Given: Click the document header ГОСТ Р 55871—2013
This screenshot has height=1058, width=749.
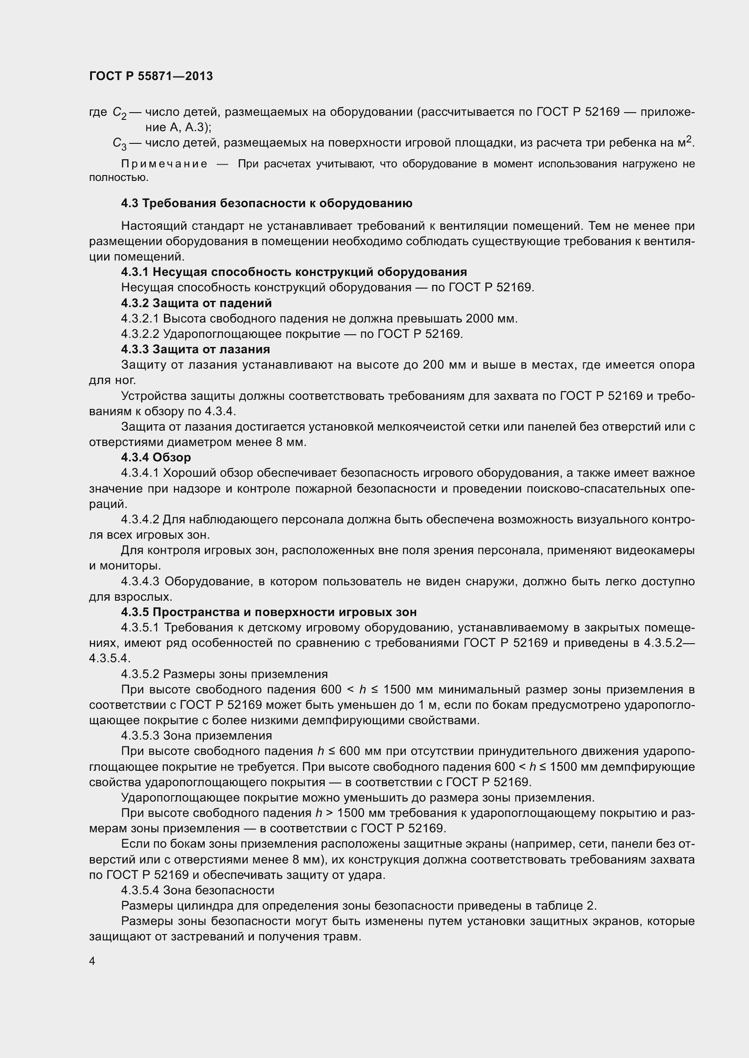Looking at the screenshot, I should [x=151, y=76].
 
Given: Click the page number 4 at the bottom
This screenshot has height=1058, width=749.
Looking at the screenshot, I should [x=92, y=961].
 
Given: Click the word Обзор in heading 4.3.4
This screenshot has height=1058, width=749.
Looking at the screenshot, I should [x=172, y=458].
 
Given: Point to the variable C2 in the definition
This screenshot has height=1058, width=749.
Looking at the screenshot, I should [x=120, y=113].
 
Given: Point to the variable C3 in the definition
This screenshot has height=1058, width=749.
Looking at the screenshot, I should [x=120, y=144].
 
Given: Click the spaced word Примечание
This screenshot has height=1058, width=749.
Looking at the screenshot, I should [x=164, y=164].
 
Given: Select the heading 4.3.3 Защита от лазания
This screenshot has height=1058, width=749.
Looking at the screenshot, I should [x=196, y=349].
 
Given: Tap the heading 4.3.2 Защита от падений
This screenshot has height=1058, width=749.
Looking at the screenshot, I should [x=197, y=303].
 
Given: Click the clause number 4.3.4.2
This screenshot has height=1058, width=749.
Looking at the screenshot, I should [x=140, y=519].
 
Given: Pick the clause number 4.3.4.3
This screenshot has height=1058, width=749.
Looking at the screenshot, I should [x=140, y=582].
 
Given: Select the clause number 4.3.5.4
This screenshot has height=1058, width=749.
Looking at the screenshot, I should [x=140, y=890].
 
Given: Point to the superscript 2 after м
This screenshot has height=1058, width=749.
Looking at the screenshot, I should [x=690, y=139].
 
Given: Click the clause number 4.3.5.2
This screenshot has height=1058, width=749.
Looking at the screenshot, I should [x=140, y=674].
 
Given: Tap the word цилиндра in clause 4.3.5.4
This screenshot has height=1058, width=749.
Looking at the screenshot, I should [x=209, y=906].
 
